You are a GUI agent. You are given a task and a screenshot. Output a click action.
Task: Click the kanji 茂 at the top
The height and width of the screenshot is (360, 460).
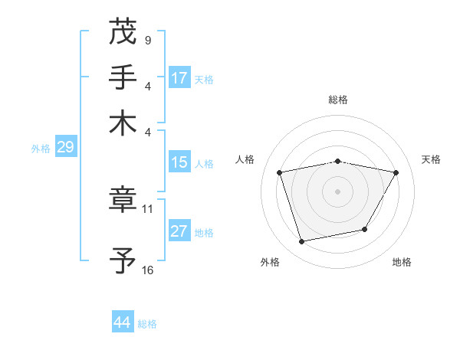point(123,31)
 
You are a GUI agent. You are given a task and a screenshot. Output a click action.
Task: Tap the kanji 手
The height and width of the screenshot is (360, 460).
point(123,77)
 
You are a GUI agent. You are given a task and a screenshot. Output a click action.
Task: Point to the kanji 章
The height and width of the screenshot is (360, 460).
point(123,201)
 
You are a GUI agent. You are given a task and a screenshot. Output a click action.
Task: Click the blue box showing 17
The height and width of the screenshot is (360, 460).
point(179,78)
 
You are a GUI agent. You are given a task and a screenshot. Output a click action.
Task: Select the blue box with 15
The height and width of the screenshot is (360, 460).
point(179,163)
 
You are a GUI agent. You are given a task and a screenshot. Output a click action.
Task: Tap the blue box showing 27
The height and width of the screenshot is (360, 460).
point(179,231)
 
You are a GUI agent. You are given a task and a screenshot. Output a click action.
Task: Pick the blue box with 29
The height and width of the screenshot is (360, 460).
point(65,148)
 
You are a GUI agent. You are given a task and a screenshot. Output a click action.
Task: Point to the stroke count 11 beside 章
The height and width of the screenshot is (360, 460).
point(148,208)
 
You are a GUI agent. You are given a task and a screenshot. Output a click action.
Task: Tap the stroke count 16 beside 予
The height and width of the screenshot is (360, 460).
point(148,270)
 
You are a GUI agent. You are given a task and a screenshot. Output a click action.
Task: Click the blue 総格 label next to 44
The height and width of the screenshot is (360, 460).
point(147,324)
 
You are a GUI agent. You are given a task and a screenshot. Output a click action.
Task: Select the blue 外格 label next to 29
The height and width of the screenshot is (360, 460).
point(41,149)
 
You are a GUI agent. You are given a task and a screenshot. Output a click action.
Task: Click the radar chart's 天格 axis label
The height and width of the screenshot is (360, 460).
point(431,159)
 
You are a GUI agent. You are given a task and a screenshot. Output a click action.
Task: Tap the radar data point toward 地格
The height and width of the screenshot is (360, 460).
point(365,229)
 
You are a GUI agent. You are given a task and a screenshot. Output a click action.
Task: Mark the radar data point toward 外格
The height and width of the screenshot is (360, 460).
point(302,241)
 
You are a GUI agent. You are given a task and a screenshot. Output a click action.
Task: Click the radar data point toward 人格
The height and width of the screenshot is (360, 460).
point(280,172)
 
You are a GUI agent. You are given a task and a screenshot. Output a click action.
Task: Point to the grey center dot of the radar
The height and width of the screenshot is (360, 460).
point(338,191)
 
